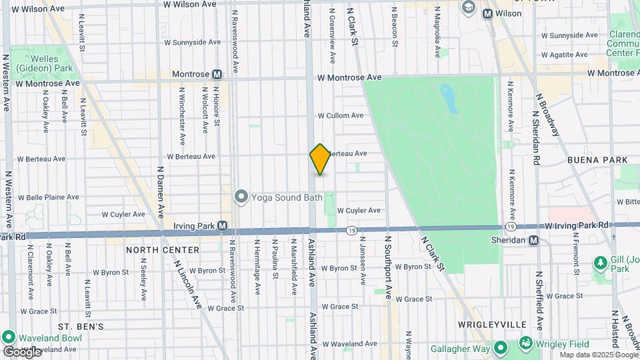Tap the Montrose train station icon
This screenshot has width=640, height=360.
(x=217, y=75)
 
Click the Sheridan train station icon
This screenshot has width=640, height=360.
(x=533, y=241)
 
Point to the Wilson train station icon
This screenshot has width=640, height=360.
(x=487, y=13)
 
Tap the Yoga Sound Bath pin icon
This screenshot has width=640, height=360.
(x=241, y=197)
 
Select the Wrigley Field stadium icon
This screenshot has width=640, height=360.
(x=526, y=344)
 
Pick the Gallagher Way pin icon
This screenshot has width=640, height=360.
(x=500, y=349)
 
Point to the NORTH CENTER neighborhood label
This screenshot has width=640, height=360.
(x=163, y=250)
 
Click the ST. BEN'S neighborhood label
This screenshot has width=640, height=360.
(x=81, y=327)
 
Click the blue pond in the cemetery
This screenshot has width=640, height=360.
(x=448, y=98)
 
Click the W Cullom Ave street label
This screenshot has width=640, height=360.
(x=341, y=115)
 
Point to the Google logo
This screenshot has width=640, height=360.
(x=23, y=351)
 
